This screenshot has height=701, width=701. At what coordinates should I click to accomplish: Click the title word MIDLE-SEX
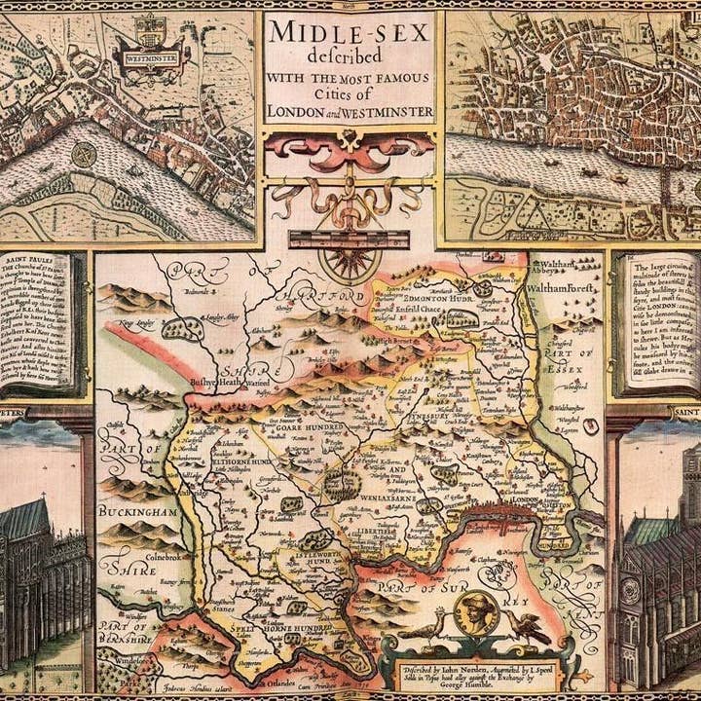click(349, 33)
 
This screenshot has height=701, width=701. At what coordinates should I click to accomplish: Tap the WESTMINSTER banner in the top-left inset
click(151, 57)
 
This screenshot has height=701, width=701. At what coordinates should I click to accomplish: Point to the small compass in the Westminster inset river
click(84, 155)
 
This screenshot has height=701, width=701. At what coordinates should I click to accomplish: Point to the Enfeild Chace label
click(418, 309)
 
